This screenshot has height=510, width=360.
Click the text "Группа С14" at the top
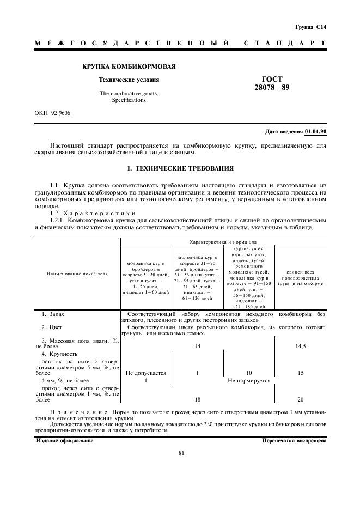tap(312, 27)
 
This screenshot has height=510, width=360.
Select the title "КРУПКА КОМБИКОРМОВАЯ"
tap(129, 66)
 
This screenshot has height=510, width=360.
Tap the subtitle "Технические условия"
tap(129, 80)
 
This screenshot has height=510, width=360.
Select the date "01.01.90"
tap(315, 132)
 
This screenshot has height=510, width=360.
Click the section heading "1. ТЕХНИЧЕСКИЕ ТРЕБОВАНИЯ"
tap(180, 168)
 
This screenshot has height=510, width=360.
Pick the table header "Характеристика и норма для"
tap(223, 241)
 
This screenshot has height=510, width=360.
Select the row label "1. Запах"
tap(53, 314)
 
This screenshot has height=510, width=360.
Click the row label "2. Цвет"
tap(52, 327)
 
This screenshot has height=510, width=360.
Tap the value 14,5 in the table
tap(301, 346)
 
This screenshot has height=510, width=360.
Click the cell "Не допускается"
tap(145, 373)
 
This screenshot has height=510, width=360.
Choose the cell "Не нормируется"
tap(249, 381)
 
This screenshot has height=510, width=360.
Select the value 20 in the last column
tap(301, 399)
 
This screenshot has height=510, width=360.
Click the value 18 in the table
tap(197, 399)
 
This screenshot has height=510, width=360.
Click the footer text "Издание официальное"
tap(64, 440)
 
